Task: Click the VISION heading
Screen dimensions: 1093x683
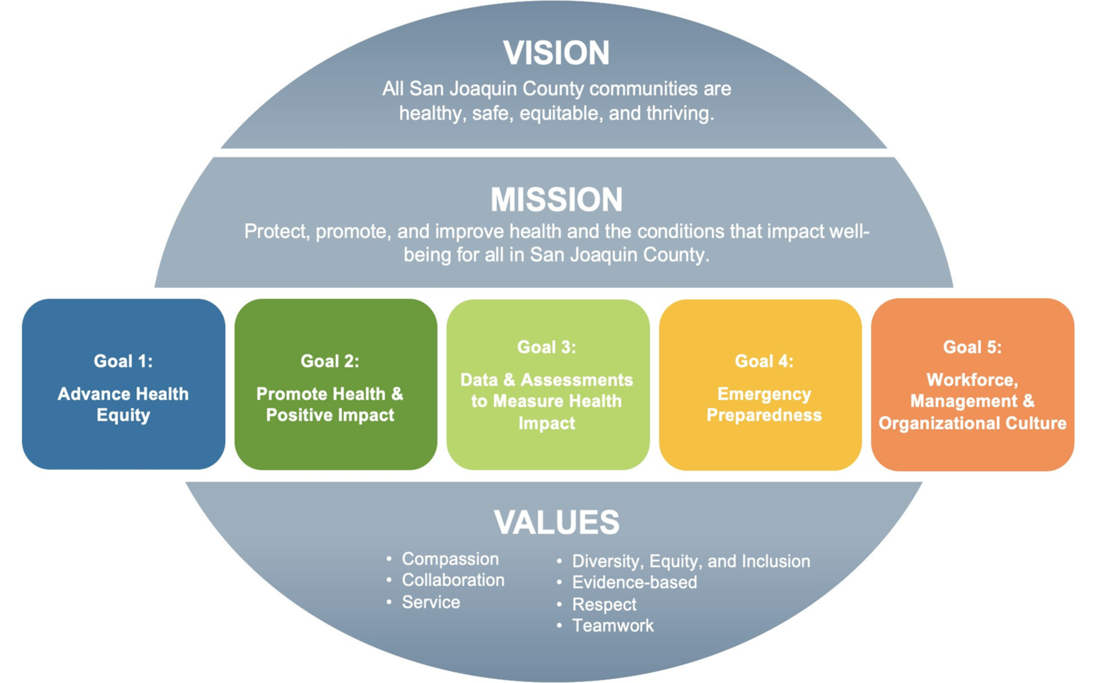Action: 556,53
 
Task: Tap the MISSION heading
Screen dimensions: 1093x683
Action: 556,200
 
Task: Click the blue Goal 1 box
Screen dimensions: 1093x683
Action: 123,384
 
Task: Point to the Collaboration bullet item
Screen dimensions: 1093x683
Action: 453,580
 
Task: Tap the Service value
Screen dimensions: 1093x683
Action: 431,602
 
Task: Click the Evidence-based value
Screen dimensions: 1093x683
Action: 634,582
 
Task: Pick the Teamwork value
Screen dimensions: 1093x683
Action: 613,626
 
